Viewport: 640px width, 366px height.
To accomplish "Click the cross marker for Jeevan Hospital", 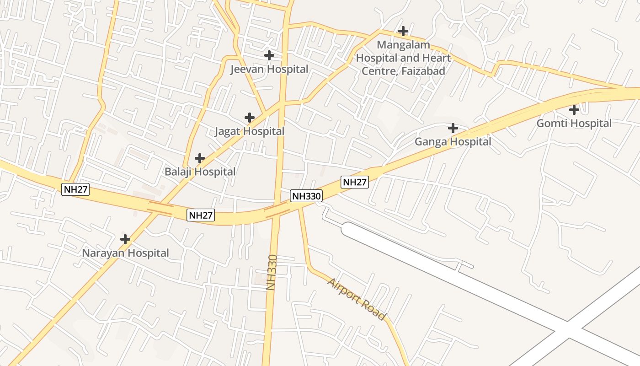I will (269, 55).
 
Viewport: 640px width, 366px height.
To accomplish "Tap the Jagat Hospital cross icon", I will (249, 118).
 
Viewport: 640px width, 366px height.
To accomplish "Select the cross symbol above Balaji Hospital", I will (199, 158).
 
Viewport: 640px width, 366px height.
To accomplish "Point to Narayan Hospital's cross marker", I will (125, 239).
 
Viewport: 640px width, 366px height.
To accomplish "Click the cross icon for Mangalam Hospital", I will (403, 31).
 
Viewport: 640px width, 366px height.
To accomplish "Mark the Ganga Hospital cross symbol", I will (453, 128).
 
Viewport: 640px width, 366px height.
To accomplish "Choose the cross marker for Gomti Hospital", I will (574, 110).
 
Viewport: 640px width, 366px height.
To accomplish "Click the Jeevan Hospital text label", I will (269, 69).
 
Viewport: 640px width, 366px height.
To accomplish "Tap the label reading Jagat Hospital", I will (250, 131).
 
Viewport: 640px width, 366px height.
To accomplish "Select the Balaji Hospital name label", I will (200, 172).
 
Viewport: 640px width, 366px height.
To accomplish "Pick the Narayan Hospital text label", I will (125, 253).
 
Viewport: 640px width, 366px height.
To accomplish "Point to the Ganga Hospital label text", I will (453, 142).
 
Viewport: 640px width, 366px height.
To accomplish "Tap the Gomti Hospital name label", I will (574, 124).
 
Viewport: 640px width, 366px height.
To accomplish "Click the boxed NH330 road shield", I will (306, 196).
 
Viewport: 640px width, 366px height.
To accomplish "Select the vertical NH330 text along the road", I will (272, 272).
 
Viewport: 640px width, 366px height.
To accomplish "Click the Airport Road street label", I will (357, 299).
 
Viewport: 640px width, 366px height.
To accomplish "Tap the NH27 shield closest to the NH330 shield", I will (355, 182).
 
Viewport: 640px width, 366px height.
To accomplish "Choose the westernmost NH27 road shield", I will (75, 189).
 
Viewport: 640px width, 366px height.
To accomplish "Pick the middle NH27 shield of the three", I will (201, 215).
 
